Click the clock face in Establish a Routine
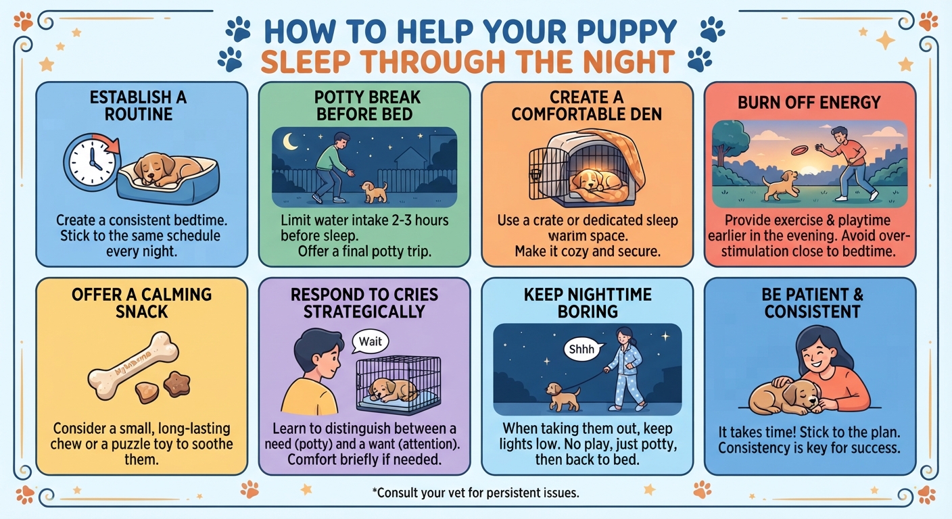pyautogui.click(x=92, y=163)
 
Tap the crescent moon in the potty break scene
pyautogui.click(x=290, y=141)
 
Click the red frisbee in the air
pyautogui.click(x=800, y=150)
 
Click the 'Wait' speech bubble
pyautogui.click(x=370, y=342)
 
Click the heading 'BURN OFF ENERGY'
pyautogui.click(x=809, y=102)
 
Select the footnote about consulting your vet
pyautogui.click(x=475, y=493)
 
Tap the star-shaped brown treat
pyautogui.click(x=176, y=384)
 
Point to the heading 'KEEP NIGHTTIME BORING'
pyautogui.click(x=588, y=303)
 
